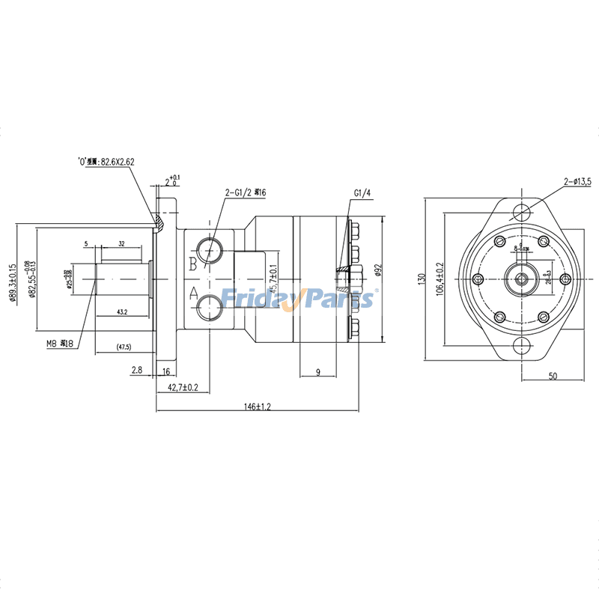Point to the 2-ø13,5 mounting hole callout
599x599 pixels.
pyautogui.click(x=577, y=182)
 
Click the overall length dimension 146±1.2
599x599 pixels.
pyautogui.click(x=257, y=406)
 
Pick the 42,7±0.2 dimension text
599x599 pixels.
pyautogui.click(x=183, y=387)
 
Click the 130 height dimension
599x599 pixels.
pyautogui.click(x=422, y=279)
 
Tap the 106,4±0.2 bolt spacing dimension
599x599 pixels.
pyautogui.click(x=440, y=279)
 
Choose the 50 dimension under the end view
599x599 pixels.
pyautogui.click(x=553, y=376)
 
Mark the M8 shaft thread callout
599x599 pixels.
pyautogui.click(x=58, y=344)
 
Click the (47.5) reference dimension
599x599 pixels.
pyautogui.click(x=124, y=347)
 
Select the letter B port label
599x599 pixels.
pyautogui.click(x=192, y=263)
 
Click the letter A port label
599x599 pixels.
pyautogui.click(x=192, y=294)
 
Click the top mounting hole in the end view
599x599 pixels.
pyautogui.click(x=520, y=212)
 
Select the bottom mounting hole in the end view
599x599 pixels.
pyautogui.click(x=520, y=345)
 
